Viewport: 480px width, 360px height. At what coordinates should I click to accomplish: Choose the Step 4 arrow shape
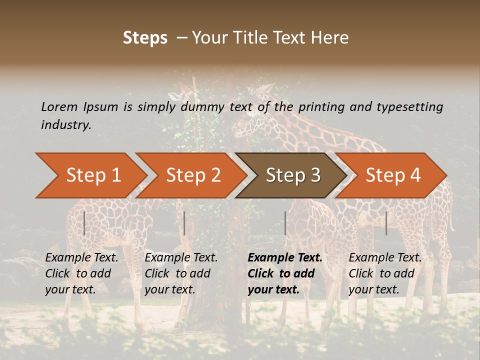392,175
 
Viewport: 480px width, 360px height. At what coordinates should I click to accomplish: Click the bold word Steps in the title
145,38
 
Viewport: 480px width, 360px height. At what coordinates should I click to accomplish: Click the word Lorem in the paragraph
59,107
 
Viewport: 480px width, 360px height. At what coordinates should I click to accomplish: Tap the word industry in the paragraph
66,125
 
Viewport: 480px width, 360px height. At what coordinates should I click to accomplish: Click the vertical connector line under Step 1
84,223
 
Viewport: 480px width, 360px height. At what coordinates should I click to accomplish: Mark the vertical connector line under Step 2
184,223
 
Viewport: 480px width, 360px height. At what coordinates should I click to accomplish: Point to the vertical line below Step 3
285,223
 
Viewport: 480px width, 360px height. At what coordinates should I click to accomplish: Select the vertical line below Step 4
386,223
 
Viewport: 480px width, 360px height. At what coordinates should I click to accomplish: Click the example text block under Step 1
81,273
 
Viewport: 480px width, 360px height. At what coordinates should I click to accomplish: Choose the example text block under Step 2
181,273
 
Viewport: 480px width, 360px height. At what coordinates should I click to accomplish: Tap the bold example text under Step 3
285,273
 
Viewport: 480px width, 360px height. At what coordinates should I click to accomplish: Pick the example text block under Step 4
385,273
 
